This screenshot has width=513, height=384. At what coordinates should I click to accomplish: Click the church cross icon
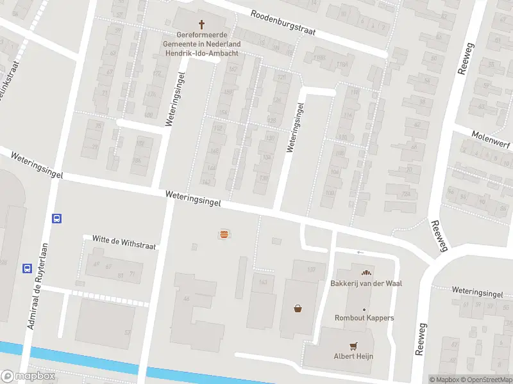point(202,24)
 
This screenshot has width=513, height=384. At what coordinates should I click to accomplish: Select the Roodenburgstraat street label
point(284,24)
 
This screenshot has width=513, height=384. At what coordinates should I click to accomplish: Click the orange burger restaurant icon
point(223,234)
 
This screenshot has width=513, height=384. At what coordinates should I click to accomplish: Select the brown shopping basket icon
point(298,308)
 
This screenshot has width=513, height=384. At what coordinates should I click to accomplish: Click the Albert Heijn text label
point(353,356)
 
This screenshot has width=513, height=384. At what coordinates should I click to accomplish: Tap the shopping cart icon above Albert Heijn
point(353,346)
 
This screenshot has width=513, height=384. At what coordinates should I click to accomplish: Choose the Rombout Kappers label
point(364,318)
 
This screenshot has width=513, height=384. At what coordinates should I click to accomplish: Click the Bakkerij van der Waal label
point(366,284)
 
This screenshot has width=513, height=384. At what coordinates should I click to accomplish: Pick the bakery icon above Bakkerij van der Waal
point(366,273)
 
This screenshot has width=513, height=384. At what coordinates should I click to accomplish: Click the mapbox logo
point(28,376)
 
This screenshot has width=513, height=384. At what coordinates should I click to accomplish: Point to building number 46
point(187,299)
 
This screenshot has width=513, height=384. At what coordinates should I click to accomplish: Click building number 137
point(311,269)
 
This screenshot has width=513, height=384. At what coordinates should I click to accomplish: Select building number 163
point(262,282)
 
